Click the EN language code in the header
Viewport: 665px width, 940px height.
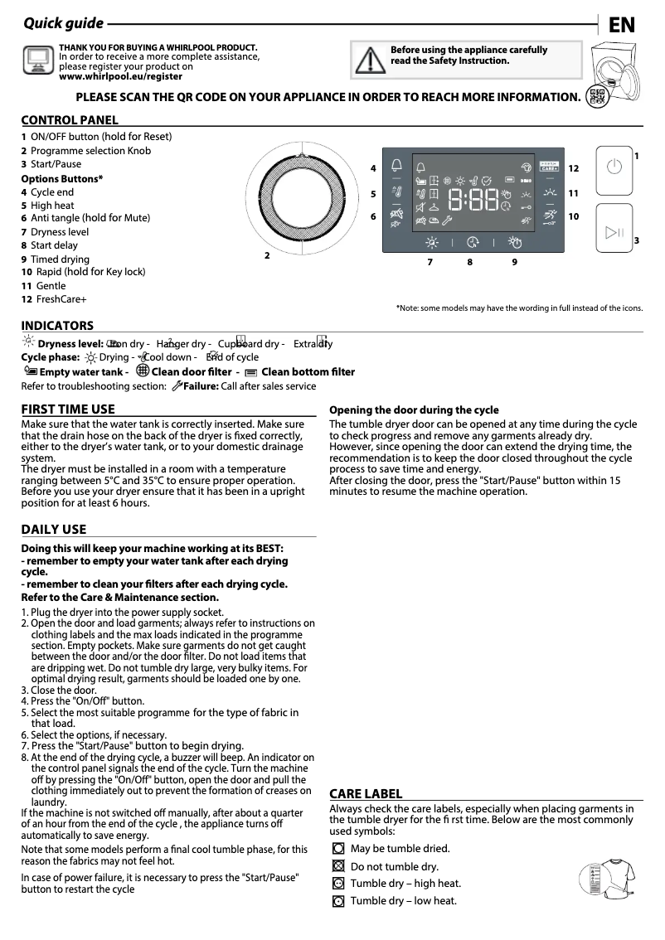621,25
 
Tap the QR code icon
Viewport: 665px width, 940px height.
595,96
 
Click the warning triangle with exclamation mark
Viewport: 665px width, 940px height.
366,60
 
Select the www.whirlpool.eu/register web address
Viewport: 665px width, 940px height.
120,75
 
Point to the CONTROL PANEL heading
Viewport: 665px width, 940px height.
70,120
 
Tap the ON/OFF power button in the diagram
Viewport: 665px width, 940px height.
613,167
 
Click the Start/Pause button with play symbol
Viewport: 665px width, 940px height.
613,232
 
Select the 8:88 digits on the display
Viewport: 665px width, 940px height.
473,200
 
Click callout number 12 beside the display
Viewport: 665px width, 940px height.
573,168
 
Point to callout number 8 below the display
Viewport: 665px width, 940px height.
469,262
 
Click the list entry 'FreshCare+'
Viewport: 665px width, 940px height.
61,298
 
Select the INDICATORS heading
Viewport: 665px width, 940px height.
57,326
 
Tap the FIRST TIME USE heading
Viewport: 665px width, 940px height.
68,409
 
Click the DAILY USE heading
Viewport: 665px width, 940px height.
53,529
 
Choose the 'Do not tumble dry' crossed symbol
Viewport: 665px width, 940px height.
337,866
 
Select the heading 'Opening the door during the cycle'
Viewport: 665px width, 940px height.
414,409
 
